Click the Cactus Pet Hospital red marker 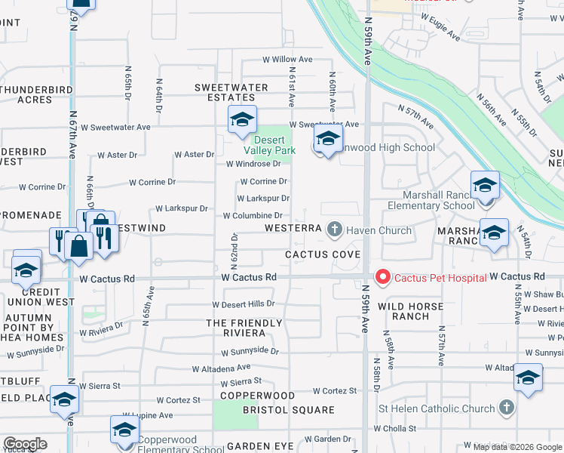click(x=382, y=279)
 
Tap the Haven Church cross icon click(x=336, y=229)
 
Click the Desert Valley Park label click(x=274, y=145)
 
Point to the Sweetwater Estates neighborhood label click(x=231, y=92)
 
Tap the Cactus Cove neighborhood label click(x=322, y=254)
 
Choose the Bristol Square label click(x=288, y=410)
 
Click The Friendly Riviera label click(x=244, y=328)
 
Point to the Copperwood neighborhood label click(x=257, y=396)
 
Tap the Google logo click(x=25, y=443)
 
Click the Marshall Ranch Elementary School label click(x=431, y=199)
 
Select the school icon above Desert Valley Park click(x=242, y=120)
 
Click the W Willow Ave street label click(x=287, y=59)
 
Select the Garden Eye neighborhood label click(x=259, y=446)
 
